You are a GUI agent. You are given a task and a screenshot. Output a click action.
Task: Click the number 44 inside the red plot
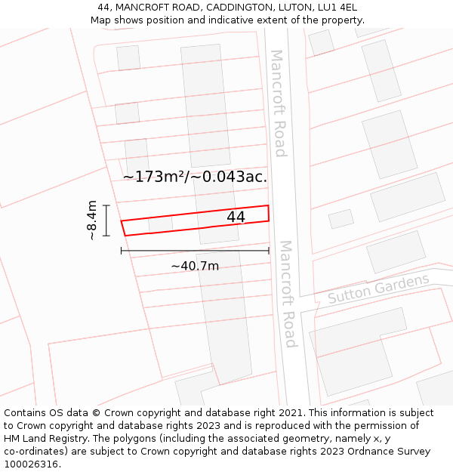point(236,217)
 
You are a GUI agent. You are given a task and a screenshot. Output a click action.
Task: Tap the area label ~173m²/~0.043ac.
point(195,177)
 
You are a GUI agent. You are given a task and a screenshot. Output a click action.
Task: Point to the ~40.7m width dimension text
point(195,266)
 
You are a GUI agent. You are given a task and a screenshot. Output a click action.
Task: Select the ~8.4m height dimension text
point(91,220)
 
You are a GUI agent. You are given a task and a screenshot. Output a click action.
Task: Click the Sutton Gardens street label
point(378,289)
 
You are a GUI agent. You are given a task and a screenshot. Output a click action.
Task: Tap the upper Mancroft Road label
point(278,103)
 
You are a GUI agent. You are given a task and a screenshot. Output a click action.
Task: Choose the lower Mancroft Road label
point(287,294)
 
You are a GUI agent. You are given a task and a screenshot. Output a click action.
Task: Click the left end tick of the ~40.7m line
point(122,251)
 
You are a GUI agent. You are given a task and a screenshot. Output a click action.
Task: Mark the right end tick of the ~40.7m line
point(269,251)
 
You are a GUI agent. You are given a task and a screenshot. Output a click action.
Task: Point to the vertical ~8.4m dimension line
point(106,220)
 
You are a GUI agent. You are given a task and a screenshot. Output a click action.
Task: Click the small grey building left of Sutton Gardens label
point(341,219)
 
